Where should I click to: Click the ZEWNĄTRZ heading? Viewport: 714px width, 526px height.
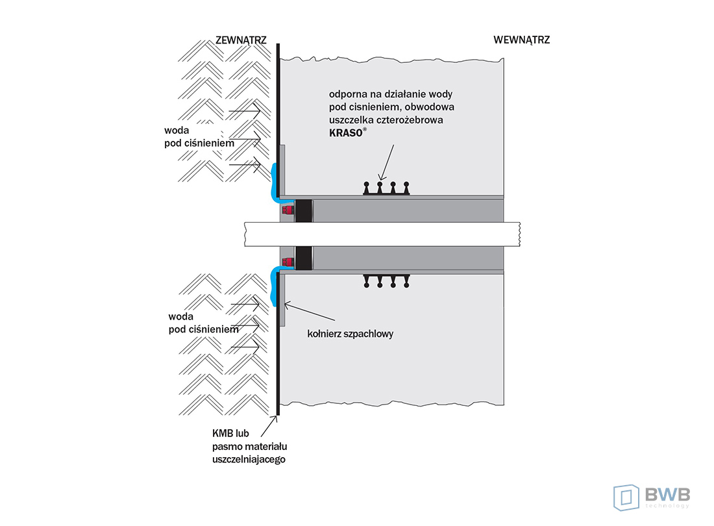coord(241,40)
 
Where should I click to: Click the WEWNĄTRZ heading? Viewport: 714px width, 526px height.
coord(521,40)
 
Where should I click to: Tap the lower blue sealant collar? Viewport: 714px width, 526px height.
coord(275,286)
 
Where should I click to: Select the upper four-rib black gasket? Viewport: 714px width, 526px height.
coord(386,188)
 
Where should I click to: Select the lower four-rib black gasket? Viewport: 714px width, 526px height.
coord(386,281)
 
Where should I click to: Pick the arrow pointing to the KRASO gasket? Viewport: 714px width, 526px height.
coord(388,163)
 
